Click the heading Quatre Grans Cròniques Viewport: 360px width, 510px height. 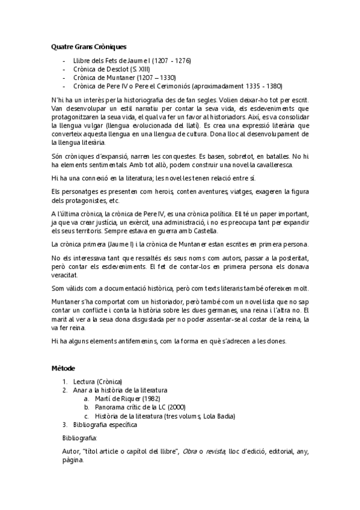pyautogui.click(x=88, y=46)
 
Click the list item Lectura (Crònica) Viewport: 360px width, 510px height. pyautogui.click(x=97, y=381)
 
